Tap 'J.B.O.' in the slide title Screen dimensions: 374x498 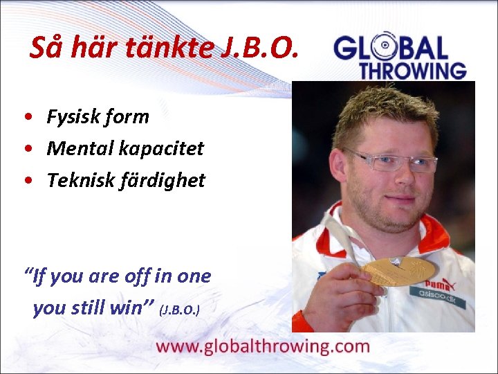261,48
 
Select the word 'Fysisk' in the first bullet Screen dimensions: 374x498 72,117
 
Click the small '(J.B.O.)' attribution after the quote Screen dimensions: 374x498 180,309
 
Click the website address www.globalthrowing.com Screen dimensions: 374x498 263,346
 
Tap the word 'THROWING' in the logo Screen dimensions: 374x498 412,70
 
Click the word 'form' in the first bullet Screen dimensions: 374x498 127,117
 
